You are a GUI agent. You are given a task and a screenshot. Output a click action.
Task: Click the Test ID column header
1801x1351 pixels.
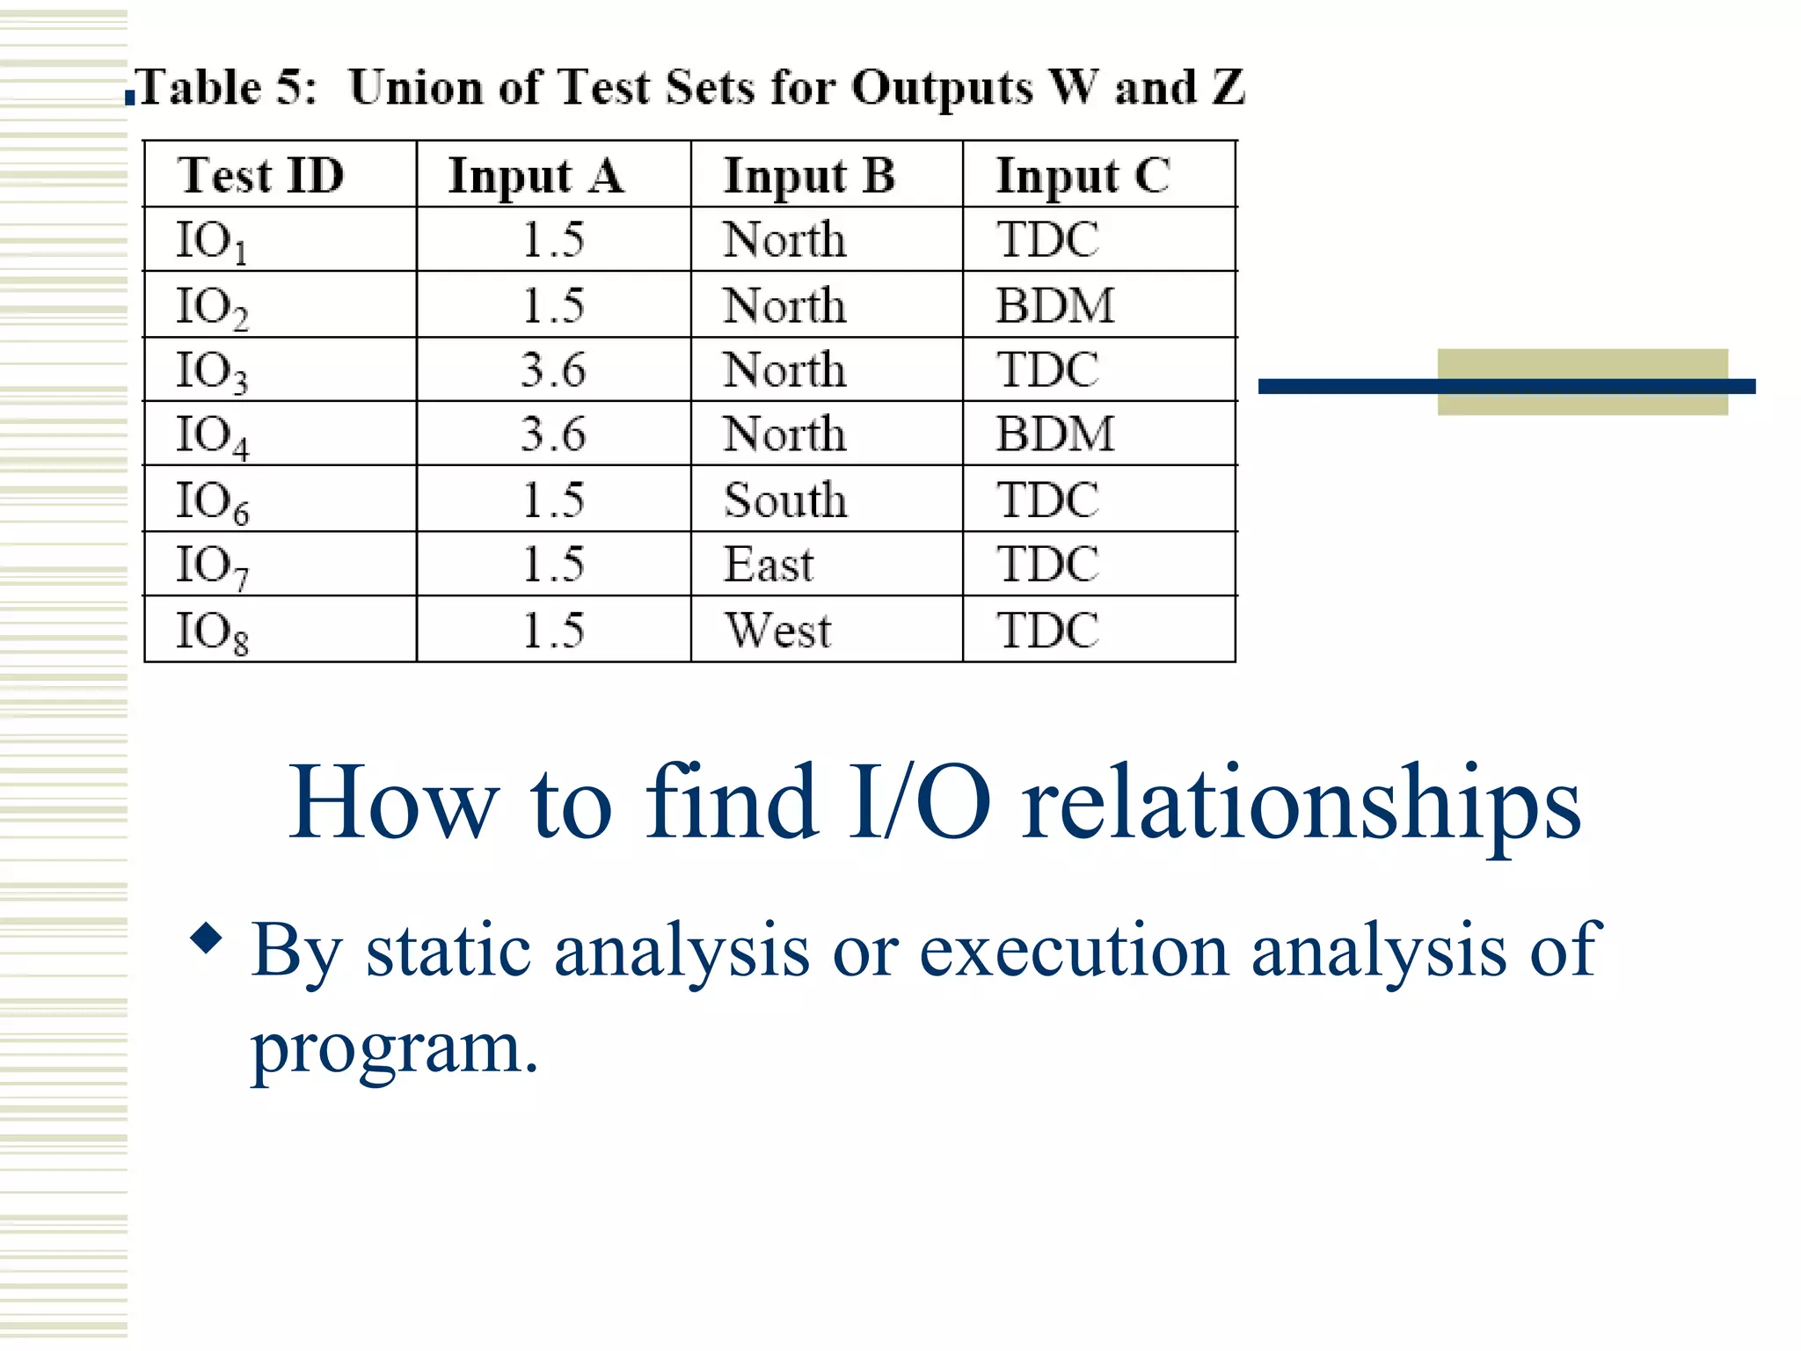click(260, 175)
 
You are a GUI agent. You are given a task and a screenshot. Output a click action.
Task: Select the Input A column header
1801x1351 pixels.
click(536, 176)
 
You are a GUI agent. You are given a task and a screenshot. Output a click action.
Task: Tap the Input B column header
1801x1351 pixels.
click(809, 176)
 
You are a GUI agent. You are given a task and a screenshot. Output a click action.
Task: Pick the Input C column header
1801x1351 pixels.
click(1083, 176)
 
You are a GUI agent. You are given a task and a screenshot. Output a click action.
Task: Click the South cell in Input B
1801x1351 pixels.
click(785, 500)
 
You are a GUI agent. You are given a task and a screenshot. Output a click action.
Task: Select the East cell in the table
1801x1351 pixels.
click(769, 565)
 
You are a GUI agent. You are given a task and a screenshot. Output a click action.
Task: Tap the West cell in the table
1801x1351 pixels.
click(777, 630)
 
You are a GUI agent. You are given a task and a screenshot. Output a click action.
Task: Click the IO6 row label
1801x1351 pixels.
click(212, 501)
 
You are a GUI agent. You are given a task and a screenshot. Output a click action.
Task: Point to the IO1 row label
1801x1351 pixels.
click(211, 241)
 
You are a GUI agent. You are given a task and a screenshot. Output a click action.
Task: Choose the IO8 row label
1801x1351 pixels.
click(212, 632)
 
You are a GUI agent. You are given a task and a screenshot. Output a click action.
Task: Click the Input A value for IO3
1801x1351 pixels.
click(552, 369)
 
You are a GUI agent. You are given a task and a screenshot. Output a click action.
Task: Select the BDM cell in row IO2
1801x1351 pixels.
click(1054, 305)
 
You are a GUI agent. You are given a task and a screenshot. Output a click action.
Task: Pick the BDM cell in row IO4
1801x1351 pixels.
click(1054, 435)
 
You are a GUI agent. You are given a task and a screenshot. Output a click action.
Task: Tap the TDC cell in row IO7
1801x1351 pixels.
click(1047, 565)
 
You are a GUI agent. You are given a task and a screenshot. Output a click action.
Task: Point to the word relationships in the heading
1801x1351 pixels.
click(1301, 802)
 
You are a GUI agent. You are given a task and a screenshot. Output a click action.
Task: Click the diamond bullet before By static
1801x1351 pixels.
click(207, 938)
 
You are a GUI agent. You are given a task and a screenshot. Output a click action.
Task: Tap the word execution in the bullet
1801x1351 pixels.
click(1073, 952)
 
